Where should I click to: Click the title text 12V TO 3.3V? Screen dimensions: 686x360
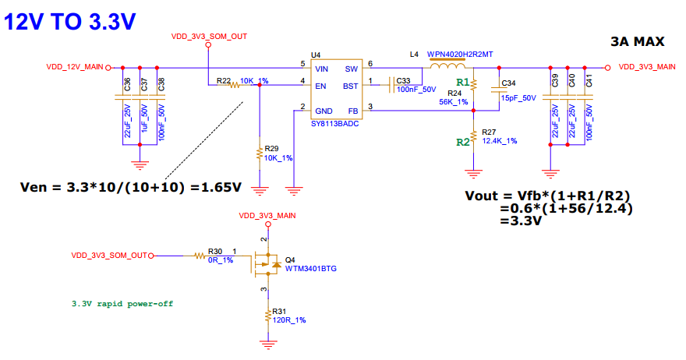(70, 22)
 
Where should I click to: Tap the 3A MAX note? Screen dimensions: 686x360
(638, 41)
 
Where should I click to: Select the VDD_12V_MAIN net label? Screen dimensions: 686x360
(75, 67)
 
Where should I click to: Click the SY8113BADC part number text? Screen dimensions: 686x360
(334, 124)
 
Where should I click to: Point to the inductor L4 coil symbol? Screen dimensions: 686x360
(447, 66)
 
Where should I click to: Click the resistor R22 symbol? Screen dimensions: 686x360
(234, 85)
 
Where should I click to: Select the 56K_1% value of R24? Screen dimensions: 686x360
(453, 102)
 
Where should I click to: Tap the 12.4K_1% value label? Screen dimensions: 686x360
(500, 141)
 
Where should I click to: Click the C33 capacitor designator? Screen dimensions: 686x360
(403, 81)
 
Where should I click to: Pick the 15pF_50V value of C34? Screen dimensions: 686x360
(518, 98)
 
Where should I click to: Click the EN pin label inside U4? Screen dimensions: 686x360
(320, 86)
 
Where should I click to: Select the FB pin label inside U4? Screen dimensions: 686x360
(353, 111)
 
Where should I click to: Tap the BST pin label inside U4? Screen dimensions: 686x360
(351, 86)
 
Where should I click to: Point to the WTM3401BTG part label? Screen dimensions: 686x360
(310, 269)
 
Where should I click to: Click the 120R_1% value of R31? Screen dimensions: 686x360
(289, 320)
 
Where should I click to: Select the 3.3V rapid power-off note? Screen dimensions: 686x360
(122, 304)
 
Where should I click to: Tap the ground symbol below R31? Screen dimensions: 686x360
(268, 344)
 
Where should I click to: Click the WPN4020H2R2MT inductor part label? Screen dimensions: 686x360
(460, 55)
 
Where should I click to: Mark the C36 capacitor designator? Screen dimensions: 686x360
(127, 84)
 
